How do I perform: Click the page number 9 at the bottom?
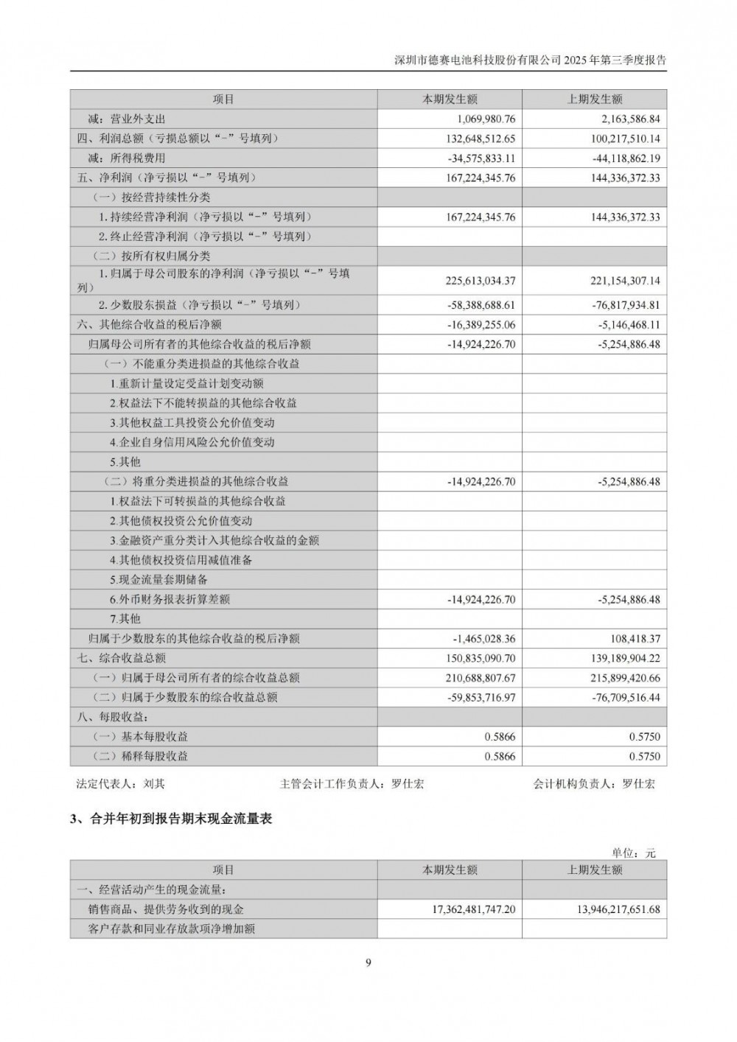point(368,962)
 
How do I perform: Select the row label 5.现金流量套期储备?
point(158,580)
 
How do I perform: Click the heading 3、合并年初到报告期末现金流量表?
point(171,818)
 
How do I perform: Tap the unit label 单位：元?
point(633,853)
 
